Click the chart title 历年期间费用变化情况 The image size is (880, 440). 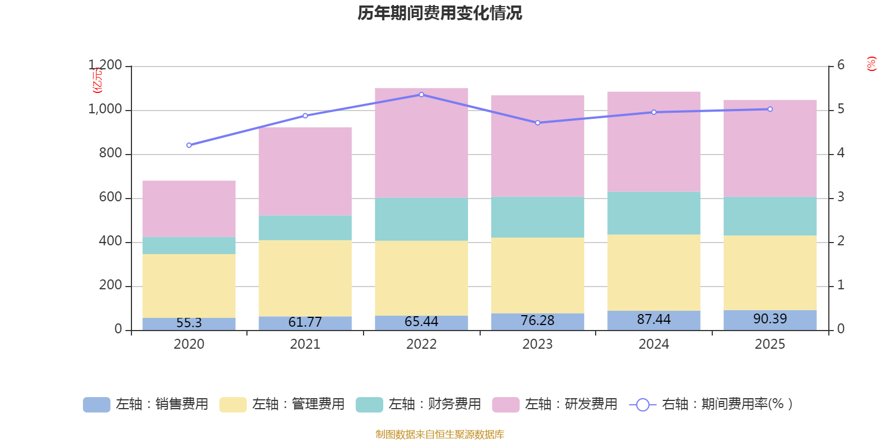coord(439,13)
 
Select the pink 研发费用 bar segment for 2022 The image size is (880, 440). coord(421,143)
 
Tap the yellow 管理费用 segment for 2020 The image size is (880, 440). coord(189,285)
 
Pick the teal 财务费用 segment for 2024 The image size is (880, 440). coord(654,213)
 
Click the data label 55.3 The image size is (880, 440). coord(189,323)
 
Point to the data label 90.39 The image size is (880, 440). coord(770,319)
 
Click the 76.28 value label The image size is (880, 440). coord(537,321)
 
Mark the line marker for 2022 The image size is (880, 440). coord(421,95)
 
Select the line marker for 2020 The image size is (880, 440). coord(189,145)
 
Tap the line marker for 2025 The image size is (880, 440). coord(770,109)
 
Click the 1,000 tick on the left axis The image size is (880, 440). coord(105,109)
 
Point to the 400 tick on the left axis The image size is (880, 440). coord(111,241)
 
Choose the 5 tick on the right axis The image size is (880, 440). coord(840,109)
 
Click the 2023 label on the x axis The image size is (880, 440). coord(537,344)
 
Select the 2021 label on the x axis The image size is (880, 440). coord(305,344)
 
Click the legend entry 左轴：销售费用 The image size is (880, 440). coord(146,404)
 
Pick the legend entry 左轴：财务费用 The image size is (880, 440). coord(419,404)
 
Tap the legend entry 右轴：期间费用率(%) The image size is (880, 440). coord(711,404)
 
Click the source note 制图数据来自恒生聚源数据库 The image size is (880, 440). coord(439,435)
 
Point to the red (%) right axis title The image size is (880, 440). coord(871,64)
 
